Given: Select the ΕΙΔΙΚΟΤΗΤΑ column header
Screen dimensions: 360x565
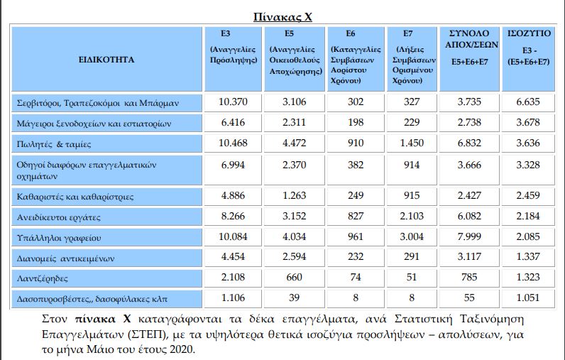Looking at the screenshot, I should (106, 60).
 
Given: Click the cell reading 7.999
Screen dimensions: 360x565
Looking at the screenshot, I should (469, 237).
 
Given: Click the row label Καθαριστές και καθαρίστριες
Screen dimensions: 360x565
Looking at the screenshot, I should (75, 197).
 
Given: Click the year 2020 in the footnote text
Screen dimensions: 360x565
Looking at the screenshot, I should (180, 350).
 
